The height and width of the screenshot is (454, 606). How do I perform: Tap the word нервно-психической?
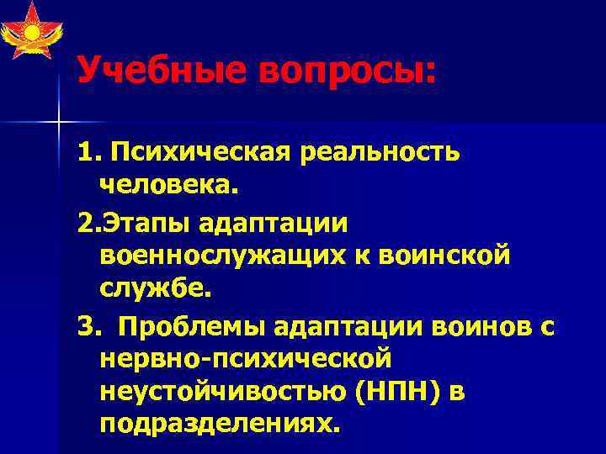pos(246,359)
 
